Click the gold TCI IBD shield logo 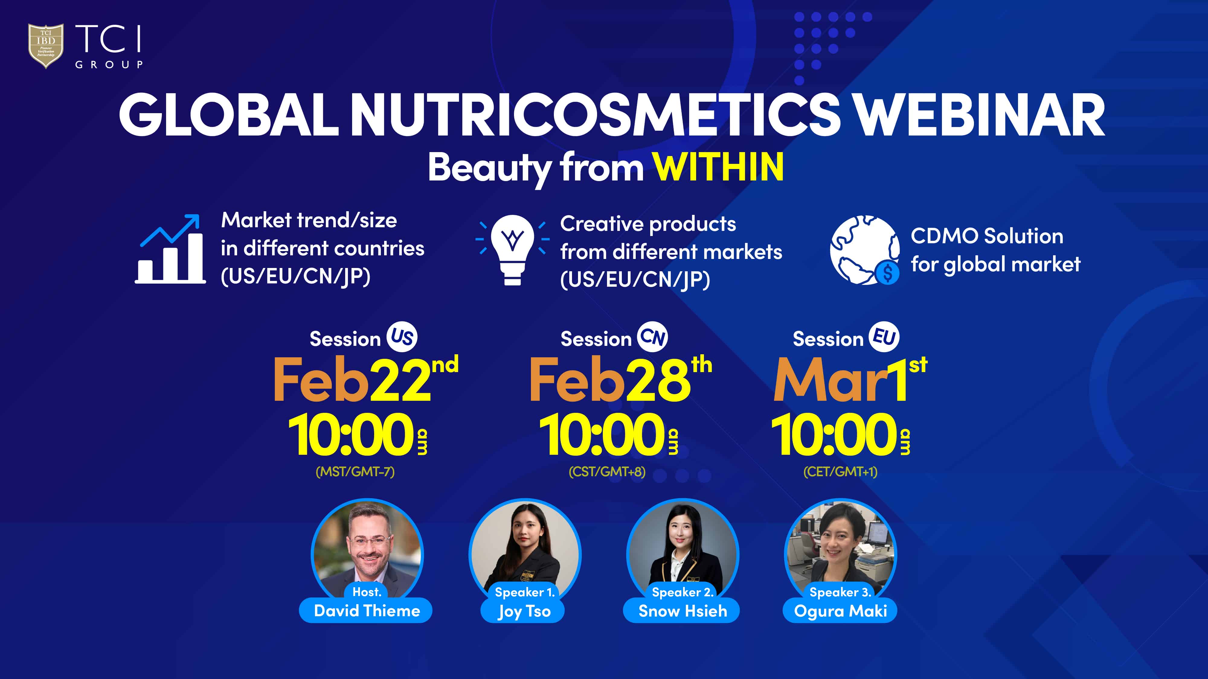tap(46, 46)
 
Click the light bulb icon tap(512, 250)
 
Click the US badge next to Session tap(402, 337)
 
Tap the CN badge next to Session tap(653, 337)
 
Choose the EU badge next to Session tap(884, 337)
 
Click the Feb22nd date tap(366, 379)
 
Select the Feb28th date tap(620, 379)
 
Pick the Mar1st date tap(850, 379)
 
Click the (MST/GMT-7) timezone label tap(355, 471)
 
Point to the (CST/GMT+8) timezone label tap(607, 471)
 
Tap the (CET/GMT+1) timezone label tap(840, 471)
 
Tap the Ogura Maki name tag tap(840, 610)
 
